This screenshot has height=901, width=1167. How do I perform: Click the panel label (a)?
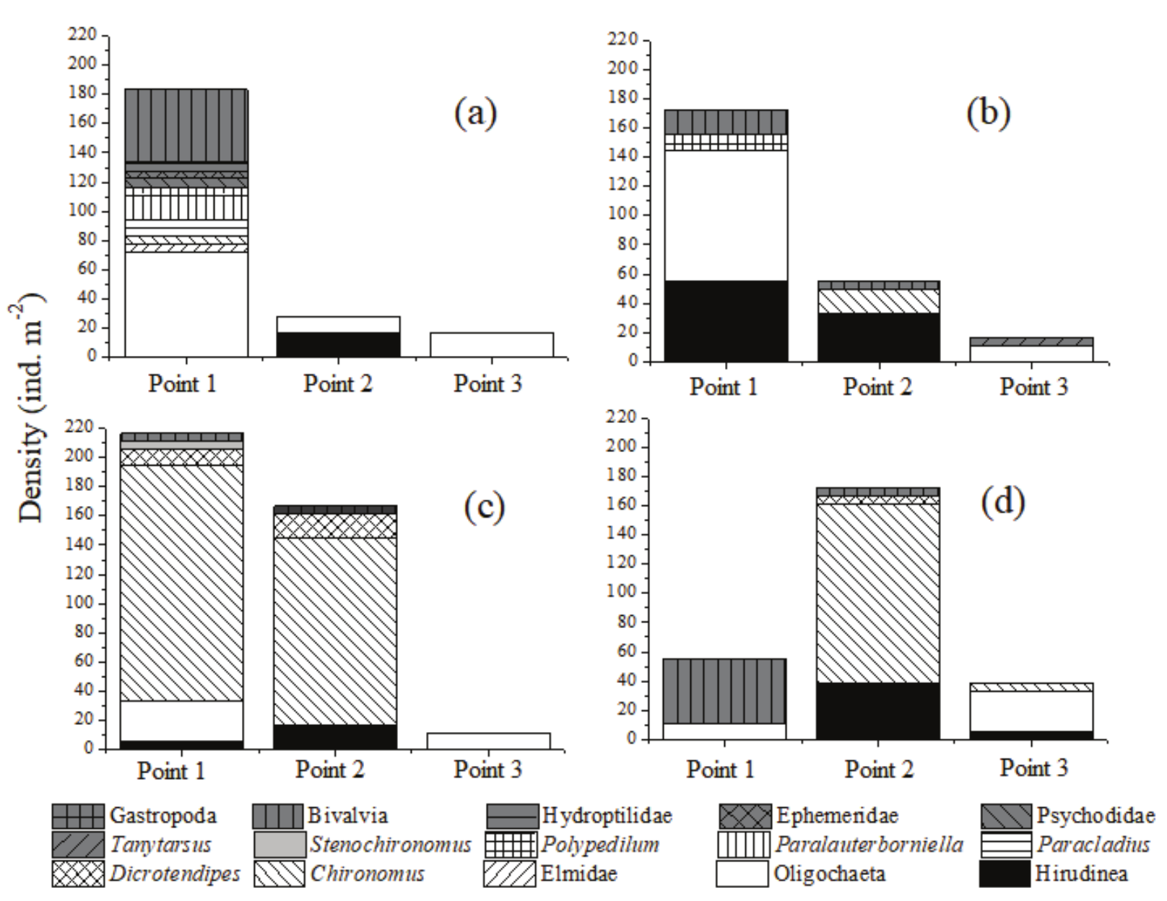pyautogui.click(x=476, y=113)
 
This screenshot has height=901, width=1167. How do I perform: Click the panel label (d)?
pyautogui.click(x=1002, y=502)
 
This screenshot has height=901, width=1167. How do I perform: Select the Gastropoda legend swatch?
pyautogui.click(x=78, y=817)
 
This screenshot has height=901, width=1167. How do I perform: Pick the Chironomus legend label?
pyautogui.click(x=367, y=874)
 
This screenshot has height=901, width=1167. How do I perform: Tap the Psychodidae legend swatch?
pyautogui.click(x=1007, y=817)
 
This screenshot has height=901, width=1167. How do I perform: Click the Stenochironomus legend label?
pyautogui.click(x=391, y=845)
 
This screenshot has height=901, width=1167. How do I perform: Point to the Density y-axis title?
pyautogui.click(x=30, y=408)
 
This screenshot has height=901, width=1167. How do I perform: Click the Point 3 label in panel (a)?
pyautogui.click(x=487, y=383)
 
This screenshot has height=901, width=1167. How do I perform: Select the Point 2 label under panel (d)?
pyautogui.click(x=879, y=770)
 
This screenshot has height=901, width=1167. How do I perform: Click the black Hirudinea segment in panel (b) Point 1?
pyautogui.click(x=726, y=321)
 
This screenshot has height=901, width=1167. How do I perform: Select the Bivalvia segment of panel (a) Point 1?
pyautogui.click(x=186, y=125)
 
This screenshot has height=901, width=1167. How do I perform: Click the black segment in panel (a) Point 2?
pyautogui.click(x=338, y=344)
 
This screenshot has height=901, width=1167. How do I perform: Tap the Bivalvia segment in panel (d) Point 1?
pyautogui.click(x=724, y=691)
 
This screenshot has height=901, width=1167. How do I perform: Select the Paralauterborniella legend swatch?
pyautogui.click(x=743, y=845)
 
